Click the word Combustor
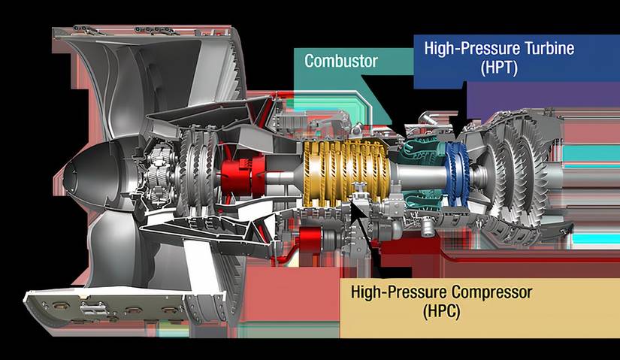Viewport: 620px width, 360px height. tap(341, 61)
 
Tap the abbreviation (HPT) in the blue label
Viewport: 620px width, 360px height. tap(499, 68)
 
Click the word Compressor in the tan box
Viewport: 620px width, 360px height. tap(492, 292)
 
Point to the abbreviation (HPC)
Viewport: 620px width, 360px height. tap(442, 311)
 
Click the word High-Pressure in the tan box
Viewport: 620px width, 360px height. tap(399, 292)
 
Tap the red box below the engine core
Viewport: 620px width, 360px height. tap(310, 241)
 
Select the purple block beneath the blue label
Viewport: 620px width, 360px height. tap(543, 99)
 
